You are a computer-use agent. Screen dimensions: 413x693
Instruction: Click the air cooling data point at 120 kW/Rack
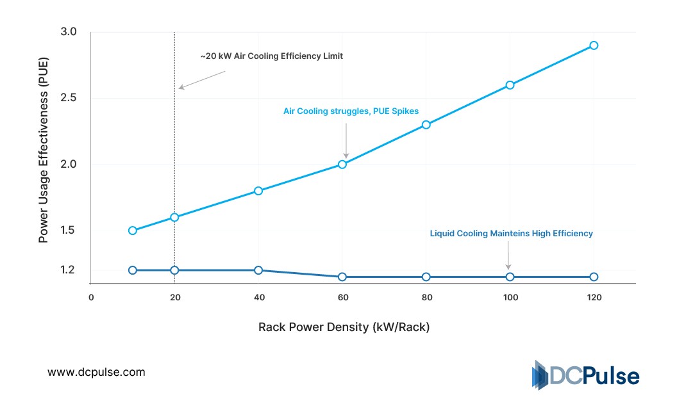click(x=594, y=45)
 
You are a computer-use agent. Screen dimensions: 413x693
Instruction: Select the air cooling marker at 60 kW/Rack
click(x=342, y=165)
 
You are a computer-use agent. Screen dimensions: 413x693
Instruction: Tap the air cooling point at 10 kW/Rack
click(x=133, y=231)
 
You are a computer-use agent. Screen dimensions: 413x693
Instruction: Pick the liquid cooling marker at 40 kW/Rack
click(x=258, y=270)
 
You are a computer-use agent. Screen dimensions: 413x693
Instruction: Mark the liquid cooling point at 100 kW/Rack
click(x=510, y=277)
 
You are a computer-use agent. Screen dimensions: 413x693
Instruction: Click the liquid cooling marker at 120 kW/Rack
click(x=594, y=277)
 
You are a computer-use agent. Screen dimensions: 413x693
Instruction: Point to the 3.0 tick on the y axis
click(x=69, y=32)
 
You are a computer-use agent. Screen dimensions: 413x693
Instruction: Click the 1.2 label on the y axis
click(x=69, y=270)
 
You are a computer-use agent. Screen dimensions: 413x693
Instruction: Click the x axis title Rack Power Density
click(x=344, y=327)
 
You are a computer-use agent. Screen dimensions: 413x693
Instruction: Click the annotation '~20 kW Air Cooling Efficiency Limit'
click(x=271, y=56)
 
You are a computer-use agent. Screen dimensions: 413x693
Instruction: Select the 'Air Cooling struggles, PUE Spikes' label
click(x=351, y=111)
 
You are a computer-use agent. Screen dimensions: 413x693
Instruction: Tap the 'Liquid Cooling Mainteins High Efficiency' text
click(x=511, y=234)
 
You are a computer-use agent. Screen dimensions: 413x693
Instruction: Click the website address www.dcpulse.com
click(x=97, y=372)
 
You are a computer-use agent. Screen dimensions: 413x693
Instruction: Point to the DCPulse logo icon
click(x=539, y=375)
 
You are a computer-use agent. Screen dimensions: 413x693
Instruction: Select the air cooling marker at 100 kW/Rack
click(x=510, y=85)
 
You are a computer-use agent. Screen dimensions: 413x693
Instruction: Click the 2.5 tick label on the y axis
click(x=69, y=98)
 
